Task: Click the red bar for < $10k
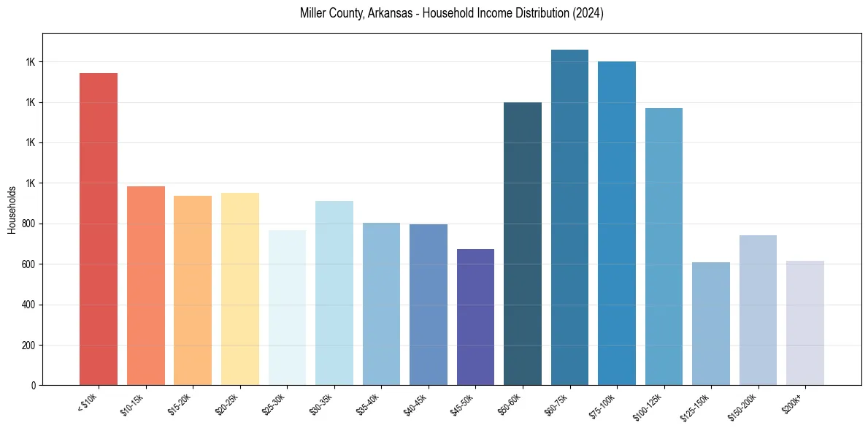99,229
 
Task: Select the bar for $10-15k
145,286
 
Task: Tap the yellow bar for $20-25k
239,289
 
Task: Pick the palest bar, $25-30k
287,308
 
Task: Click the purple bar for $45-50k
475,317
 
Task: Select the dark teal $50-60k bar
523,243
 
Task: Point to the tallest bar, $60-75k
569,217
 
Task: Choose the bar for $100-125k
664,246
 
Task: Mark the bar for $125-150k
711,324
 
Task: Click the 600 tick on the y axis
28,264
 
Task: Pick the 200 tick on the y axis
28,345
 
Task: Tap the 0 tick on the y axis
33,386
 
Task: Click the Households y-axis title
12,210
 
